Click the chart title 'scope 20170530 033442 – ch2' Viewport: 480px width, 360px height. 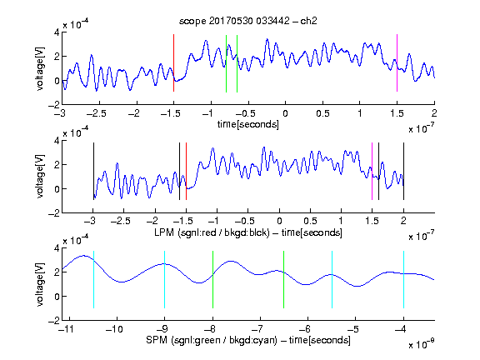[248, 21]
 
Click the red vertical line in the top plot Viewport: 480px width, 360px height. [173, 63]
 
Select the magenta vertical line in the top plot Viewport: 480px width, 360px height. [397, 63]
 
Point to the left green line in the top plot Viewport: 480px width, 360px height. [226, 63]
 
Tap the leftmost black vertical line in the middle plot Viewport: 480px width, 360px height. [93, 171]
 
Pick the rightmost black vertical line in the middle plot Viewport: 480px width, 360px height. [404, 171]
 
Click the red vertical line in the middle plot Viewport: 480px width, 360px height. [186, 171]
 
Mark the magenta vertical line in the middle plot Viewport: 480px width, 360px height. [372, 171]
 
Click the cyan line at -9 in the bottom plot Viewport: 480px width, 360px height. [165, 279]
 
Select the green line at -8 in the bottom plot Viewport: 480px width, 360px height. [212, 279]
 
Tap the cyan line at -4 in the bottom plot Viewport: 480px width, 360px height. [404, 279]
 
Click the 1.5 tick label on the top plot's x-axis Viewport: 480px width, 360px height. [397, 113]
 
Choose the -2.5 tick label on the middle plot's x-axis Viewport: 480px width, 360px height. [121, 221]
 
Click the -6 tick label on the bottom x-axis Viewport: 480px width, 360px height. [305, 329]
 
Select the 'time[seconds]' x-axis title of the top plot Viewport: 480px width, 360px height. [248, 125]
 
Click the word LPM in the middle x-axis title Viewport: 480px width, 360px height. [164, 232]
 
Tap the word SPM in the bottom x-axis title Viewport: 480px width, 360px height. [157, 340]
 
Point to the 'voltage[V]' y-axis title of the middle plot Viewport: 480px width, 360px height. [40, 177]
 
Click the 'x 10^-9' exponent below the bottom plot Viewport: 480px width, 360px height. [421, 344]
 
